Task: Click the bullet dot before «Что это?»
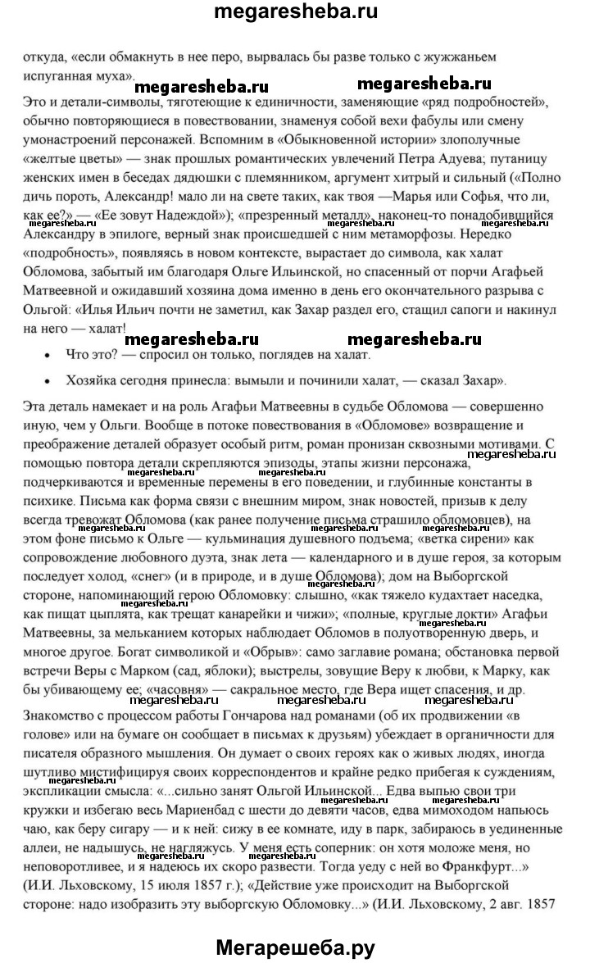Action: point(54,356)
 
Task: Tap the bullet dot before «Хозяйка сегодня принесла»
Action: point(54,381)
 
